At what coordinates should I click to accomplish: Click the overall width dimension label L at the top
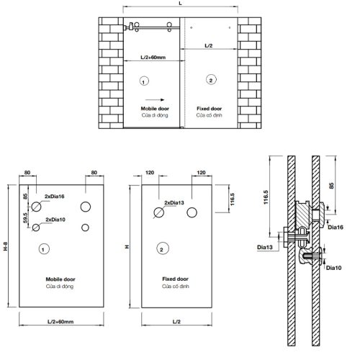tap(180, 4)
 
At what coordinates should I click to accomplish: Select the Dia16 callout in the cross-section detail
tap(335, 226)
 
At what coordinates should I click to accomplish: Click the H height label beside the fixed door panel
tap(127, 247)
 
